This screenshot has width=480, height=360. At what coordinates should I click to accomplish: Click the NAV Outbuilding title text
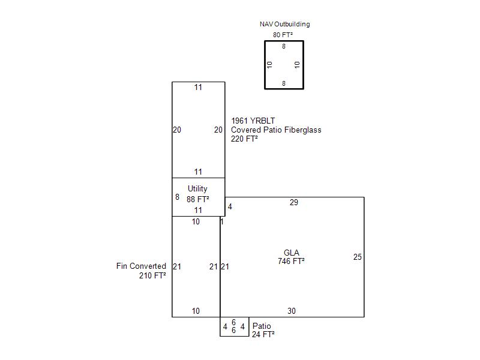pos(284,24)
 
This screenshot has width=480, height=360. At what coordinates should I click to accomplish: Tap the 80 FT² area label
pos(283,35)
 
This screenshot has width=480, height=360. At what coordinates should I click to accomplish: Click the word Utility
pos(197,189)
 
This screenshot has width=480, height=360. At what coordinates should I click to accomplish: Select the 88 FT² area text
pos(198,199)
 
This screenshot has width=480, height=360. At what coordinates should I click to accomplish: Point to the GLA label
pos(292,253)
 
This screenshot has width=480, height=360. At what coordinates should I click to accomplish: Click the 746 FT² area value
pos(291,261)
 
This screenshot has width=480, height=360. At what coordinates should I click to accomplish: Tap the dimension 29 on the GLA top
pos(294,202)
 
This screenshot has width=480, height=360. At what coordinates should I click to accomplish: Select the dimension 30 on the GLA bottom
pos(292,311)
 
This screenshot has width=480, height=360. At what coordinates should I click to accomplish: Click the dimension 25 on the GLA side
pos(357,257)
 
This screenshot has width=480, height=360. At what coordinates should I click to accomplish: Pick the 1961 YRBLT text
pos(253,121)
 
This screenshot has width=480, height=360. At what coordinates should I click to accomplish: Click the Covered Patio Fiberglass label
pos(276,130)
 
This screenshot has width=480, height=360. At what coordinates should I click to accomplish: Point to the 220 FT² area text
pos(244,139)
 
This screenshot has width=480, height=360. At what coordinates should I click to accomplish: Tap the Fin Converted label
pos(141,266)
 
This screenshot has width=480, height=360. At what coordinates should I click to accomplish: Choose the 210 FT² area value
pos(152,275)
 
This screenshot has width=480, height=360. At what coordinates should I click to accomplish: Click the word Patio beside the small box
pos(262,326)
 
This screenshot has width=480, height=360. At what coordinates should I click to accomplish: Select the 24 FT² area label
pos(263,334)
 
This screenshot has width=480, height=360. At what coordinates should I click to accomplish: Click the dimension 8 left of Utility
pos(177,197)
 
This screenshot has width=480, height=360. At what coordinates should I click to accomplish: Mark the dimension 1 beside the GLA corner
pos(222,221)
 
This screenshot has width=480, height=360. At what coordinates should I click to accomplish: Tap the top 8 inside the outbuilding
pos(284,46)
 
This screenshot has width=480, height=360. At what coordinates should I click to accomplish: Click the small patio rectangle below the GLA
pos(235,336)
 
